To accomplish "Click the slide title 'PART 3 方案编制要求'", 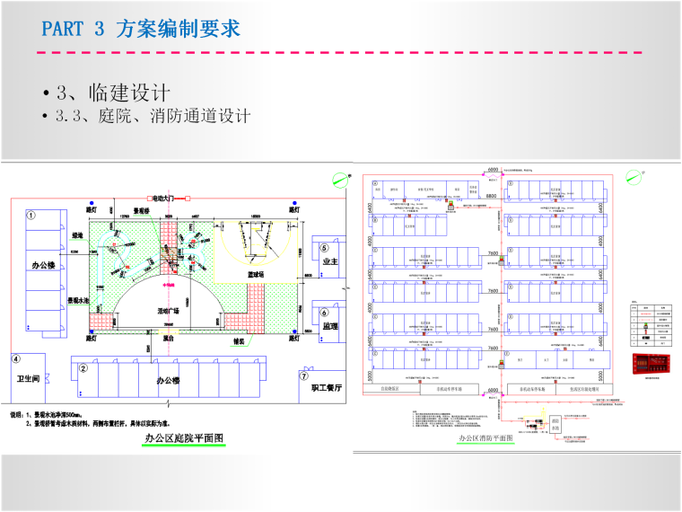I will click(x=141, y=29).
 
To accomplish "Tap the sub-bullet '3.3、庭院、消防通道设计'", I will click(x=153, y=117).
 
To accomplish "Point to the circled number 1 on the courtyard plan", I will click(x=31, y=216).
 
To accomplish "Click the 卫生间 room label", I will click(x=31, y=379).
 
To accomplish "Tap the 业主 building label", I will click(x=328, y=261).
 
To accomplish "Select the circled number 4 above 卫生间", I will click(x=15, y=358).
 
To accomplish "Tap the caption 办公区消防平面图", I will click(x=485, y=438).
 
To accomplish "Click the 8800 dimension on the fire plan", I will click(x=492, y=195).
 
